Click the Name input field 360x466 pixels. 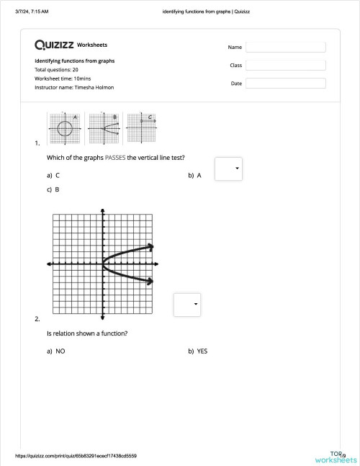[x=285, y=47]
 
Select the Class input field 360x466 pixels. [x=285, y=65]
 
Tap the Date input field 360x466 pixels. [x=285, y=84]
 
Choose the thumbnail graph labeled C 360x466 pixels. [x=141, y=127]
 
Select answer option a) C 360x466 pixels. [x=53, y=175]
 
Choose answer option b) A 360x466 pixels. [x=194, y=175]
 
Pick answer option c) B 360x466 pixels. [x=53, y=190]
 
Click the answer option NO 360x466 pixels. [x=56, y=351]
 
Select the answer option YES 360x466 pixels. [x=198, y=351]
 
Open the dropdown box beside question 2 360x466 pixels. [x=187, y=305]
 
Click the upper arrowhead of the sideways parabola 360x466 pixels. [x=150, y=247]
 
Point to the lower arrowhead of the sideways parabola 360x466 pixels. [x=150, y=281]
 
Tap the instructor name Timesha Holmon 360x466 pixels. [x=74, y=87]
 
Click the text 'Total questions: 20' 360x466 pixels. [x=57, y=70]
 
